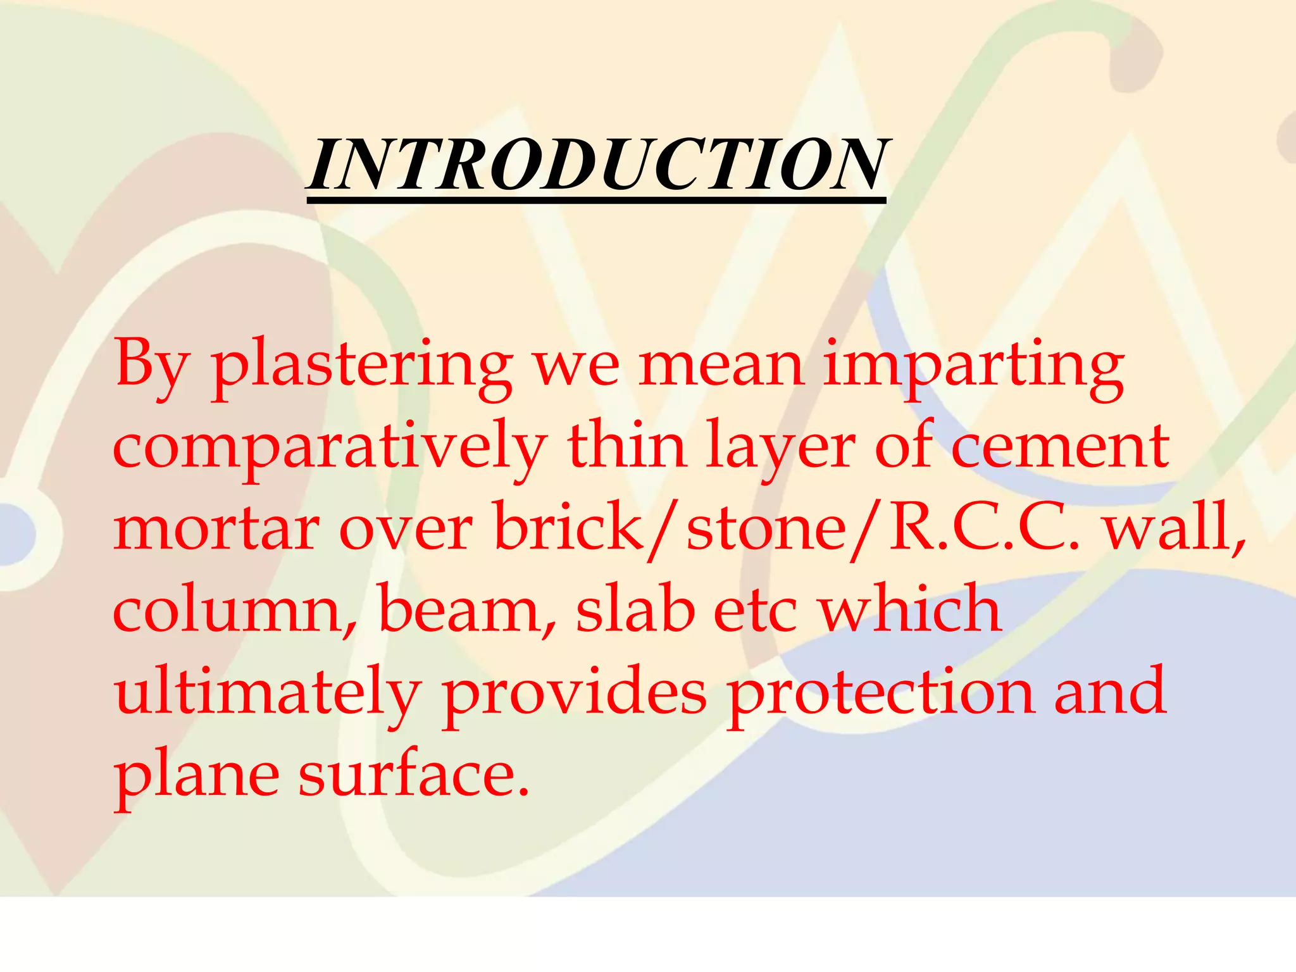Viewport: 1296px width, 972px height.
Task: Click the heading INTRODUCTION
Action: (596, 166)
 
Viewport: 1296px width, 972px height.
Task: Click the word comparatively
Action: (329, 448)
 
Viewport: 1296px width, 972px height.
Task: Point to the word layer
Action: (781, 448)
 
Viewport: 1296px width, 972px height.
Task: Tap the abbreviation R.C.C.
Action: (983, 528)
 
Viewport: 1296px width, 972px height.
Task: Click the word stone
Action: (766, 529)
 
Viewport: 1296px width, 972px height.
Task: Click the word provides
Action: (574, 692)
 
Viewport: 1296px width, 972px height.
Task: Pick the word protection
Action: (880, 692)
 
